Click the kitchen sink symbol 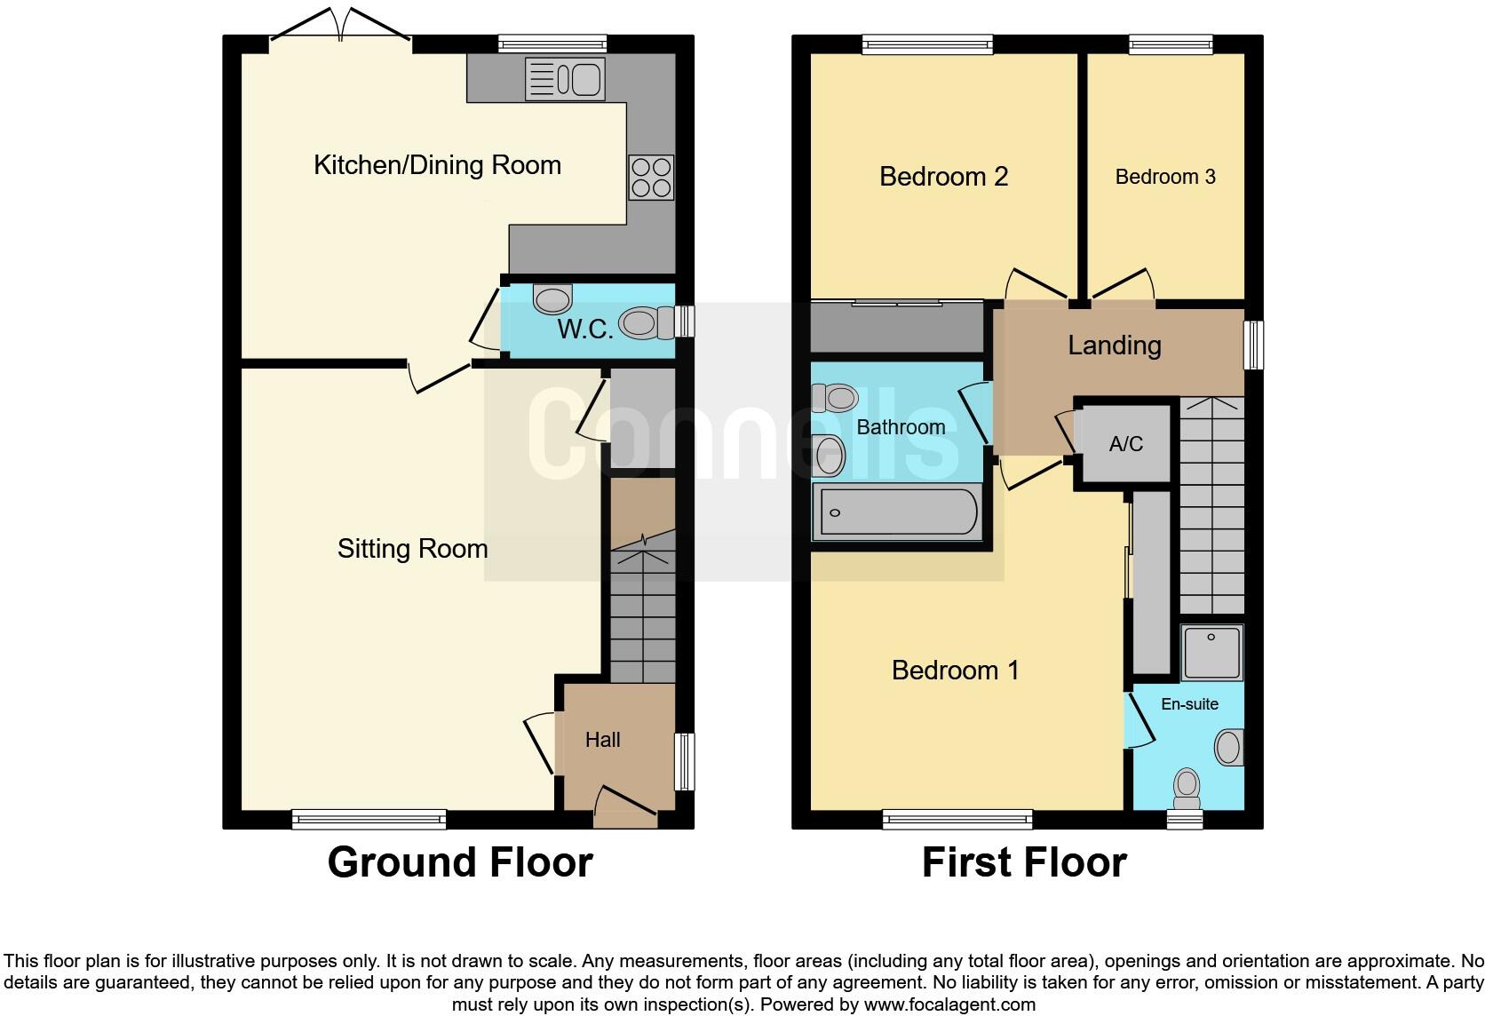(565, 78)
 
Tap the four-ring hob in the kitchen (651, 178)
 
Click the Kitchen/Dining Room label (437, 165)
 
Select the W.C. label (584, 329)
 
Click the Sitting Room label (412, 549)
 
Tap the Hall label (602, 740)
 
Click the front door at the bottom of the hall (624, 803)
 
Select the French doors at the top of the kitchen (339, 27)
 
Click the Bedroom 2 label (943, 177)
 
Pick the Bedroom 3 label (1164, 177)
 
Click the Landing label (1114, 345)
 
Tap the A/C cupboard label (1125, 444)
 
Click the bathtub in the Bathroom (899, 512)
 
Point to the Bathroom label (900, 427)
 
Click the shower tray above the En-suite (1211, 652)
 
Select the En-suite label (1189, 704)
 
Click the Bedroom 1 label (955, 670)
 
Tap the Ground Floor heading (459, 862)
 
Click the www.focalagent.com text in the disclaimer (949, 1005)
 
